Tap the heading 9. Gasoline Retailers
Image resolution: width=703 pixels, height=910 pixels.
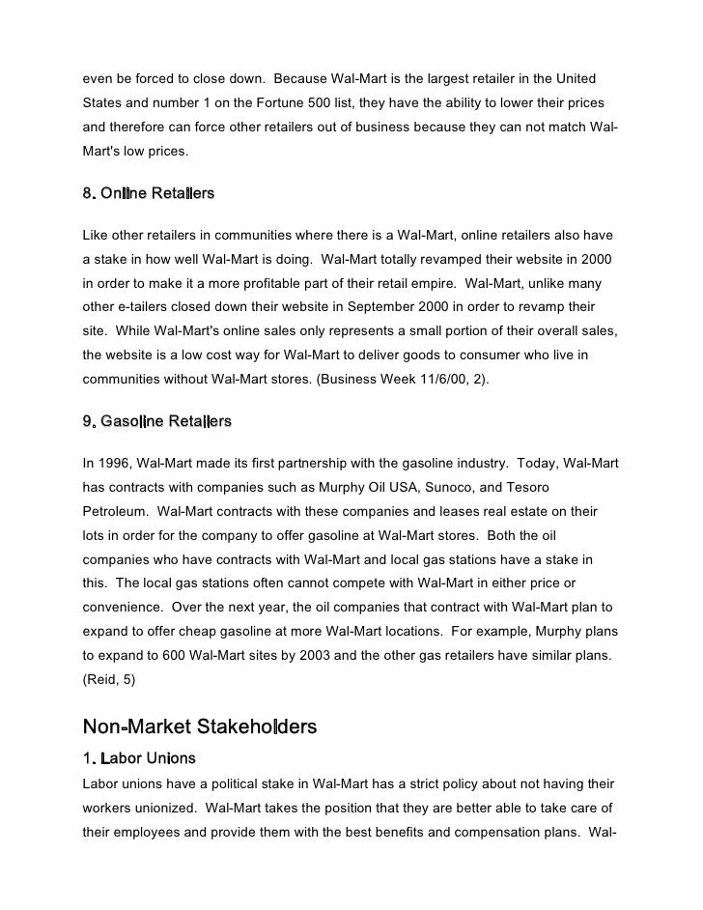coord(156,422)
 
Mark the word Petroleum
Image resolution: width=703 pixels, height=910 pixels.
coord(115,512)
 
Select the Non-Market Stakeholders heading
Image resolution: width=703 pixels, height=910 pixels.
coord(200,726)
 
